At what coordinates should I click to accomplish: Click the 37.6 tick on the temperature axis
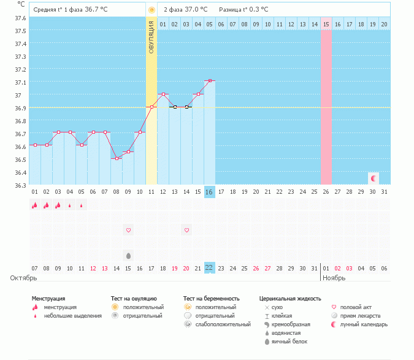pos(20,18)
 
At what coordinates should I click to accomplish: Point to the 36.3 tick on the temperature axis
pos(20,185)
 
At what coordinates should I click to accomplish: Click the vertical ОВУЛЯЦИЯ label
pos(151,38)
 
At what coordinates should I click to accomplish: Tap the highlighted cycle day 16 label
pos(209,192)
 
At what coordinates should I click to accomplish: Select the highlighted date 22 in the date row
pos(209,268)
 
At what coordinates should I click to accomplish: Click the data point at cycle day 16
pos(209,81)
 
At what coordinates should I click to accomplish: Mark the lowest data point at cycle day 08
pos(117,158)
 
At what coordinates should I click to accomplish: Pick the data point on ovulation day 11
pos(151,107)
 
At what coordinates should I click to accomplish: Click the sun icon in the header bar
pos(151,10)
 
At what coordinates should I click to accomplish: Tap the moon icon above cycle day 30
pos(374,178)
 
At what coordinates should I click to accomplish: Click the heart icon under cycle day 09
pos(128,231)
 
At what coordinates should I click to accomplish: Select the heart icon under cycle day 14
pos(186,231)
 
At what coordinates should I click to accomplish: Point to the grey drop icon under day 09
pos(128,256)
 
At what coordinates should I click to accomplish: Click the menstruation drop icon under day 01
pos(35,205)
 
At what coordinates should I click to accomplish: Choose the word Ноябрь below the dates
pos(334,278)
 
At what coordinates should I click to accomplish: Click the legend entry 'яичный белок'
pos(289,342)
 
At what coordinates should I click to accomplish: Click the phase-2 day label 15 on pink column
pos(326,24)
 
